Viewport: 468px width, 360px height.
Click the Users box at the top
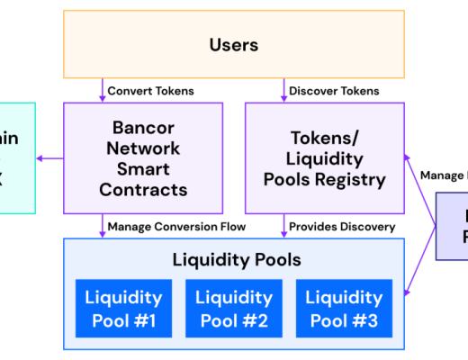pos(233,43)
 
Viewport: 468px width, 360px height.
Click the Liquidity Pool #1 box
pos(123,307)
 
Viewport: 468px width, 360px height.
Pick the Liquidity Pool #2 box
pos(233,307)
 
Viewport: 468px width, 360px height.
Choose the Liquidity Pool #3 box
pos(343,307)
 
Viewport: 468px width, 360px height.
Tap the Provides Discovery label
pos(341,227)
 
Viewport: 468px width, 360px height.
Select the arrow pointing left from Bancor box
pos(49,158)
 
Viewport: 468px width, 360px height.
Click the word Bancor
pos(142,127)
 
